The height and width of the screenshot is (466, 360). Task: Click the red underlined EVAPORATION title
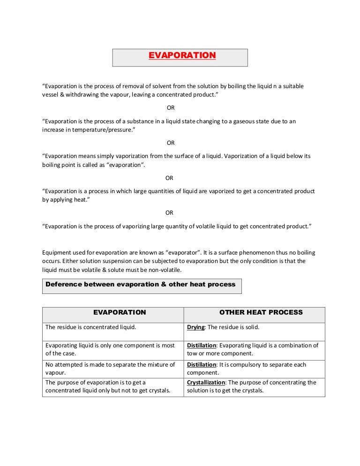tap(182, 55)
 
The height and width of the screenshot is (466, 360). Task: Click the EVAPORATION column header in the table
tap(120, 312)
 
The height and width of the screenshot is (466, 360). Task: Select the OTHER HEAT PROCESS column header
tap(261, 312)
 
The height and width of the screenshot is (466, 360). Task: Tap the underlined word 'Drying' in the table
tap(196, 327)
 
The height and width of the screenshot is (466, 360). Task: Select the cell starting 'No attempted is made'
tap(110, 368)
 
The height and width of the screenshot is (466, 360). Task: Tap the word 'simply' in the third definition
tap(115, 156)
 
